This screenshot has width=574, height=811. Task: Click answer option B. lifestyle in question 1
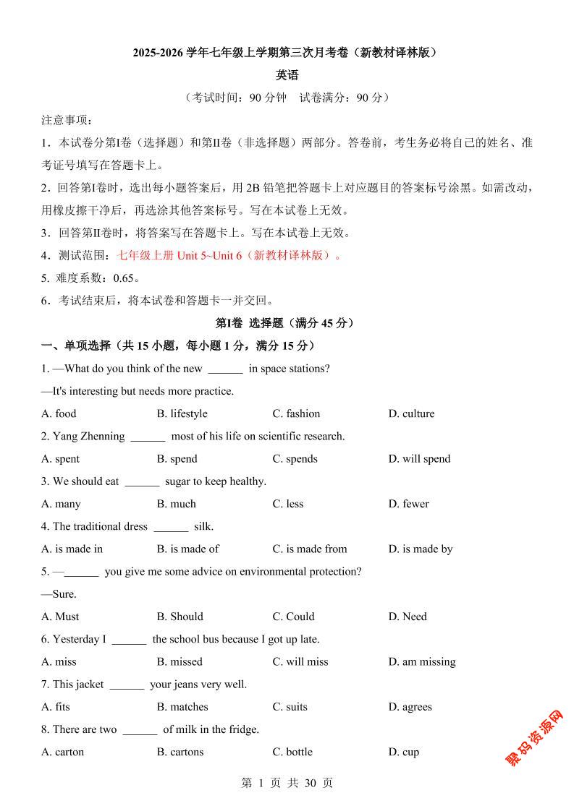[x=182, y=414]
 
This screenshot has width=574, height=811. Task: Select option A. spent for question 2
[x=61, y=459]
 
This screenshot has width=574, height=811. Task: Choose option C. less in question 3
[x=287, y=504]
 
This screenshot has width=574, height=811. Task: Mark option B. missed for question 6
[x=180, y=662]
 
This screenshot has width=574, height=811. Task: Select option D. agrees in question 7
[x=410, y=707]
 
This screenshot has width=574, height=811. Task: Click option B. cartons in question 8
[x=180, y=752]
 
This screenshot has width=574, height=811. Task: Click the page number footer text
[x=287, y=783]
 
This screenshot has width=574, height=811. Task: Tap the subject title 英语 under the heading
[x=287, y=76]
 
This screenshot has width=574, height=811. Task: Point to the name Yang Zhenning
[x=88, y=437]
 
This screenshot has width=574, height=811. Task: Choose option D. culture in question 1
[x=411, y=414]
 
